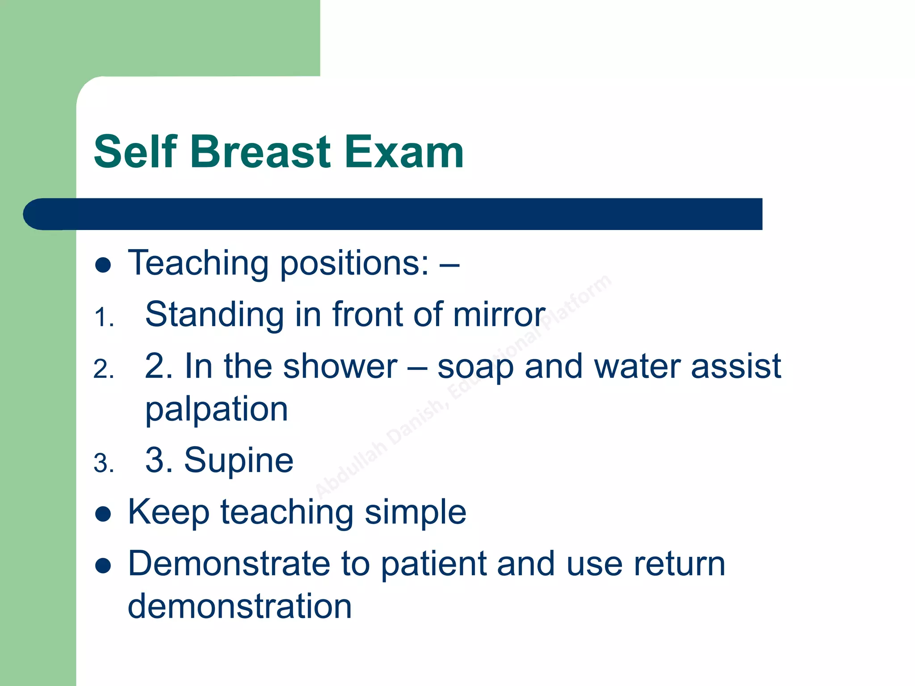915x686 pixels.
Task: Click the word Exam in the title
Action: pos(404,152)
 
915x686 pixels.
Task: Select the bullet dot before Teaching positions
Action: pos(103,265)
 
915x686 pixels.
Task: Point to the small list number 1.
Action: pos(104,318)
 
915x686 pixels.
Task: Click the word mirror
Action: pos(499,314)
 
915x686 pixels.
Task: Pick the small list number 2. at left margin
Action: pos(104,369)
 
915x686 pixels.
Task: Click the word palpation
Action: pos(217,410)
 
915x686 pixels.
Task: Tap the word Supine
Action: pos(239,461)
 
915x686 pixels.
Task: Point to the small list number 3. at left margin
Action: pos(104,464)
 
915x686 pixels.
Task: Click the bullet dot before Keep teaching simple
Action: pos(103,514)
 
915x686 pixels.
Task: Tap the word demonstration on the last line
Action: pos(240,607)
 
